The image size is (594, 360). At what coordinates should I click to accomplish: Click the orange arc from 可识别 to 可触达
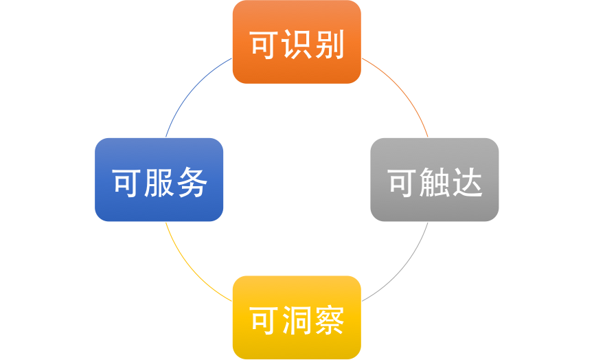402,89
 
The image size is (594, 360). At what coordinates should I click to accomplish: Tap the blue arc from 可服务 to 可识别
191,90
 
